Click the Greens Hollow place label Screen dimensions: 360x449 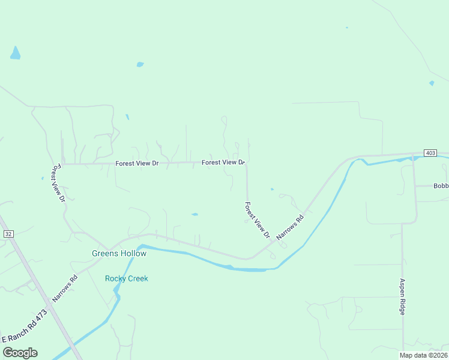[119, 253]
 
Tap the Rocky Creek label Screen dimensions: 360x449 [126, 278]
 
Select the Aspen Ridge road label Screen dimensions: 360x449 [403, 296]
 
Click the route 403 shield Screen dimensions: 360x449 [430, 153]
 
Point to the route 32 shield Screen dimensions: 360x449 [8, 233]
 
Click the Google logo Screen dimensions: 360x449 [20, 352]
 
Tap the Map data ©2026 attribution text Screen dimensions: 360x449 [423, 355]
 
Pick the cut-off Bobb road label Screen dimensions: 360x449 [441, 186]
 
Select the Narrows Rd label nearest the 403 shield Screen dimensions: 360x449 [291, 225]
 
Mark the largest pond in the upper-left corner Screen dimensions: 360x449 [15, 53]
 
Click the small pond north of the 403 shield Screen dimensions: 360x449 [432, 83]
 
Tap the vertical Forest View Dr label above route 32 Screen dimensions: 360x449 [58, 183]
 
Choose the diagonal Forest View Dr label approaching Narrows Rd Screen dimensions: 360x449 [257, 220]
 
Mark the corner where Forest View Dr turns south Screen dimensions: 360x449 [246, 163]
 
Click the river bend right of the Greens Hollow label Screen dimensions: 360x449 [142, 247]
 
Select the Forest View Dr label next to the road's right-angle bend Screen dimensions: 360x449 [223, 163]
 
